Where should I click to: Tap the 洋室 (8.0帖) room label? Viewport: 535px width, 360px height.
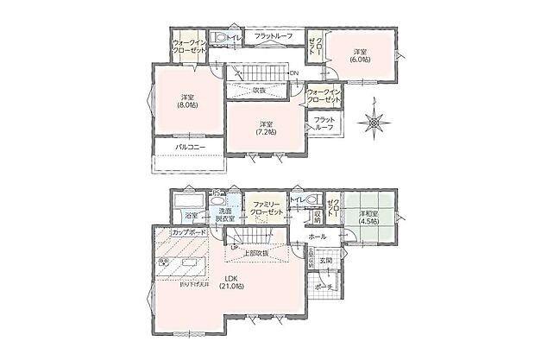pos(186,100)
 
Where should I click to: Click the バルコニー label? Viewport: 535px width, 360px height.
pos(189,148)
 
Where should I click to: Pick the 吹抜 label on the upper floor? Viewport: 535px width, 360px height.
pos(260,90)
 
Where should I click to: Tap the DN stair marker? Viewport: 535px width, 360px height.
pos(293,73)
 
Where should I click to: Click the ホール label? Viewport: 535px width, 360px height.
pos(317,236)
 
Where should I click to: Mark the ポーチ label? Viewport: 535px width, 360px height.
pos(324,287)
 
